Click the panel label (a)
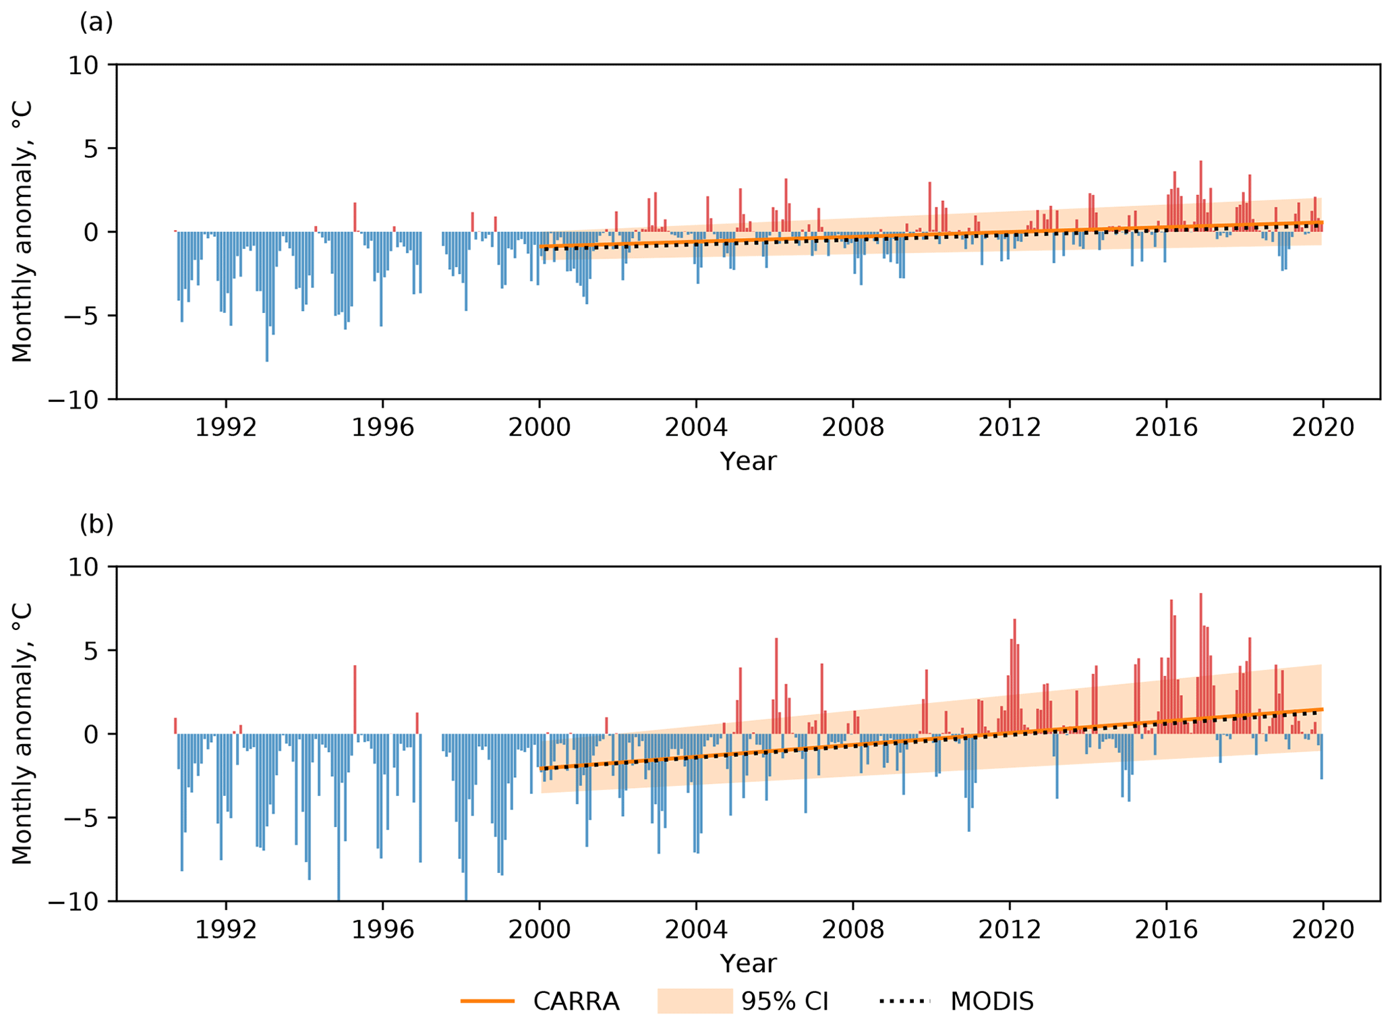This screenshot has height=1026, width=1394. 96,23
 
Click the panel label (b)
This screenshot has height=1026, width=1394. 96,525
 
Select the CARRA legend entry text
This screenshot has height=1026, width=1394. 576,1002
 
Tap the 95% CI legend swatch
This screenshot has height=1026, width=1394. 695,1001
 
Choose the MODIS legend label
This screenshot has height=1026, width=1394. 991,1002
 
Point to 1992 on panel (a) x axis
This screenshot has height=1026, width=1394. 226,428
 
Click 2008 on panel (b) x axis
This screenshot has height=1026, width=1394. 852,930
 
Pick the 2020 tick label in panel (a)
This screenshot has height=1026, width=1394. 1323,428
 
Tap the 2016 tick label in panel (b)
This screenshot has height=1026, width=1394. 1166,930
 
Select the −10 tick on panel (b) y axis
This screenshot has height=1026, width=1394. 74,902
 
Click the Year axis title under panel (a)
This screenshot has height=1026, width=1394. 748,462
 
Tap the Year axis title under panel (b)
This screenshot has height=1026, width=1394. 748,963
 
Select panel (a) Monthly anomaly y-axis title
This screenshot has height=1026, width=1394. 23,231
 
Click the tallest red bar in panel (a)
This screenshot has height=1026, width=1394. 1200,196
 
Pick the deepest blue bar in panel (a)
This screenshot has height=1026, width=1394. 267,297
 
